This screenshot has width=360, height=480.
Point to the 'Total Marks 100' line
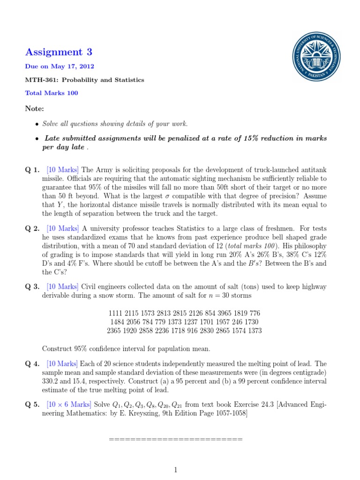point(52,93)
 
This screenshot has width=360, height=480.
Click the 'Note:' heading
point(34,109)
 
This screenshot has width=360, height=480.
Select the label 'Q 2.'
point(33,228)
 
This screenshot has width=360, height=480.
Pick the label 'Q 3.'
point(33,286)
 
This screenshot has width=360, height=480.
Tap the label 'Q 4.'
point(33,363)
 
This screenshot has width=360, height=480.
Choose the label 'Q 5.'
point(33,405)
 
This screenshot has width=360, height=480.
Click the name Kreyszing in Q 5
point(199,413)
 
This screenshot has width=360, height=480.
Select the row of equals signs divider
point(175,439)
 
